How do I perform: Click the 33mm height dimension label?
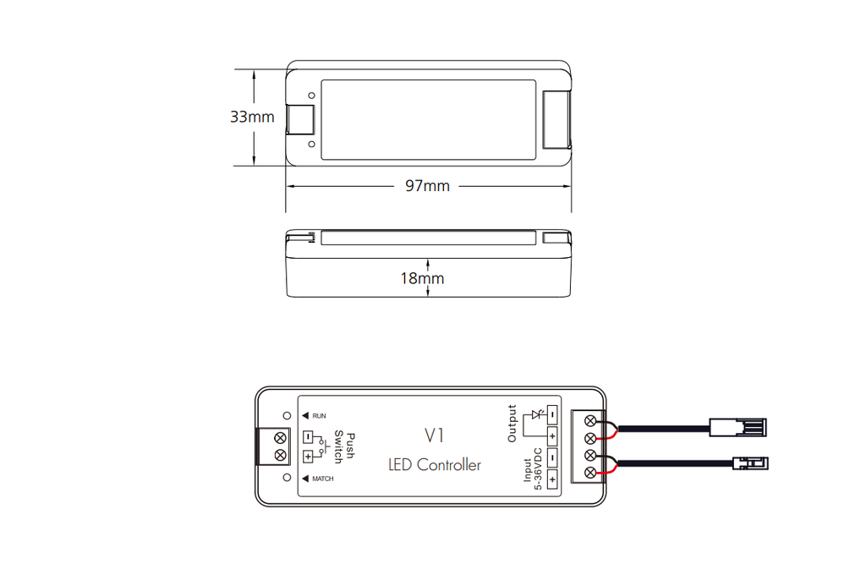point(252,117)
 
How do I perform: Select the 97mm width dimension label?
point(427,185)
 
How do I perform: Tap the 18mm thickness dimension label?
point(422,278)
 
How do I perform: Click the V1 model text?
point(435,435)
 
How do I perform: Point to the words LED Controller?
point(434,464)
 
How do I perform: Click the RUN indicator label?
point(319,416)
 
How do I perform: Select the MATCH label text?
point(323,479)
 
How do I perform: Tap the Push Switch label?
point(344,446)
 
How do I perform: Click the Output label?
point(512,424)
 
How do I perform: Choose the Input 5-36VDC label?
point(533,469)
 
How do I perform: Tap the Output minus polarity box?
point(551,414)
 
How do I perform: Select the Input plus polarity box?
point(551,479)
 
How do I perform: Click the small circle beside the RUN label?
point(287,415)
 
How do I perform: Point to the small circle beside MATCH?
point(287,477)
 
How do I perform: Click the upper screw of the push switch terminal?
point(280,438)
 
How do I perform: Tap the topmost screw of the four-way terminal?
point(589,421)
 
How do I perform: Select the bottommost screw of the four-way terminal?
point(589,473)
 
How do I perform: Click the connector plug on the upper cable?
point(737,428)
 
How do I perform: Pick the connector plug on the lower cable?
point(750,463)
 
